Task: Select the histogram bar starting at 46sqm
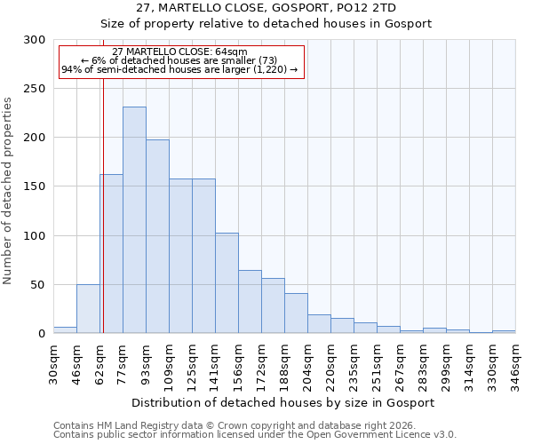tap(88, 309)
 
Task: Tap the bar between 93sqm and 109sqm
tap(157, 236)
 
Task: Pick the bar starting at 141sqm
tap(227, 283)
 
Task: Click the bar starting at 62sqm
tap(111, 254)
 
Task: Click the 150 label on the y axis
tap(35, 186)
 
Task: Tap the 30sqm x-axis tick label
tap(54, 362)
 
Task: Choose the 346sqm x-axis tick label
tap(516, 362)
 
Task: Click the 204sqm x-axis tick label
tap(308, 362)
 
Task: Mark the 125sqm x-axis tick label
tap(193, 362)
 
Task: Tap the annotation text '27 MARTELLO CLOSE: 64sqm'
tap(180, 52)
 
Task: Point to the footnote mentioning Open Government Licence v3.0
tap(255, 435)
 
